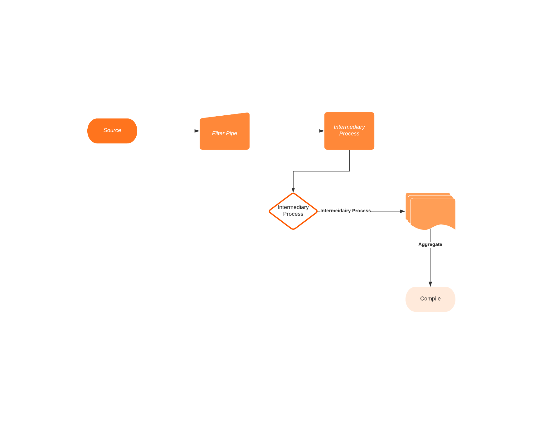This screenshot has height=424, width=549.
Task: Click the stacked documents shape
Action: (x=432, y=212)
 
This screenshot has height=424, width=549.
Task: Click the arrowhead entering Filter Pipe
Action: (x=197, y=131)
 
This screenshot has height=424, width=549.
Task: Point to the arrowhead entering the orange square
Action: (x=322, y=131)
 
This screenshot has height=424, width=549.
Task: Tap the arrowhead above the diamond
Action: (x=293, y=190)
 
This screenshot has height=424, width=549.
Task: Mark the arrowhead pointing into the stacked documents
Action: (x=402, y=211)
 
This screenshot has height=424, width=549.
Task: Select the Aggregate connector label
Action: (x=430, y=244)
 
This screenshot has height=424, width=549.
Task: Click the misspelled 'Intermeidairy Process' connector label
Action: (x=345, y=211)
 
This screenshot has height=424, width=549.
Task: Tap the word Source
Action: (x=112, y=130)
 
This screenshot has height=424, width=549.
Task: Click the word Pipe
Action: (x=231, y=133)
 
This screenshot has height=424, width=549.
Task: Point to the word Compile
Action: (x=430, y=299)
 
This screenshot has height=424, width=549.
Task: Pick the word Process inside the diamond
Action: (x=293, y=214)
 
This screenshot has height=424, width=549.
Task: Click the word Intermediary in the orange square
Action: (x=349, y=127)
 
